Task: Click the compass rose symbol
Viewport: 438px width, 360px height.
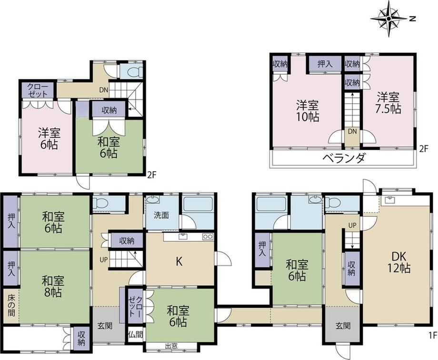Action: pyautogui.click(x=388, y=19)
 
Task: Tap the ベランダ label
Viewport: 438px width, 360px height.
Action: pyautogui.click(x=344, y=158)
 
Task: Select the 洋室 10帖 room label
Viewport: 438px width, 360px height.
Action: pyautogui.click(x=308, y=111)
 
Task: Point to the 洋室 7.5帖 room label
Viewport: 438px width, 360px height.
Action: pyautogui.click(x=388, y=103)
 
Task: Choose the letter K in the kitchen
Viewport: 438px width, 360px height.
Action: pyautogui.click(x=179, y=262)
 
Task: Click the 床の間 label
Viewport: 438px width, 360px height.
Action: pyautogui.click(x=11, y=305)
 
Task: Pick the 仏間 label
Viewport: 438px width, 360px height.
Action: pyautogui.click(x=136, y=335)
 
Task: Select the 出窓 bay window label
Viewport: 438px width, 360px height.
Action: pyautogui.click(x=171, y=346)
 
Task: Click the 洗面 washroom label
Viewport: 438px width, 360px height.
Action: pyautogui.click(x=161, y=215)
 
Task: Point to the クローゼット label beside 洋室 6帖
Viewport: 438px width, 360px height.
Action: pyautogui.click(x=38, y=90)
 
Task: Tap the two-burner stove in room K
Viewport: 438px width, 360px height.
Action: pyautogui.click(x=208, y=237)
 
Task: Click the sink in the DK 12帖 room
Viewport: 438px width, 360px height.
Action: pyautogui.click(x=389, y=199)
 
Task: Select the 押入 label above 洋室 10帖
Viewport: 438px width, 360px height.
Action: pyautogui.click(x=325, y=64)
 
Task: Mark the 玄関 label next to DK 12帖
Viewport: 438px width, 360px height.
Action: pyautogui.click(x=343, y=326)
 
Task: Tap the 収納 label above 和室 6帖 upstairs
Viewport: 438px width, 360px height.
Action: pyautogui.click(x=109, y=110)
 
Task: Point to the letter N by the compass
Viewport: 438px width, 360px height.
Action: pyautogui.click(x=413, y=19)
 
